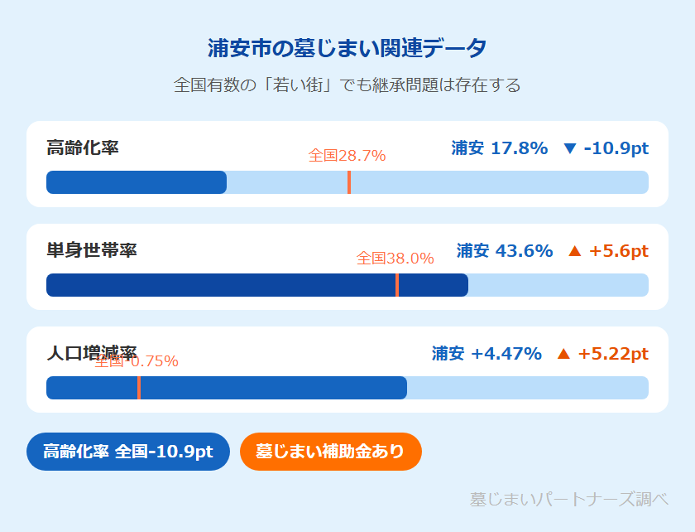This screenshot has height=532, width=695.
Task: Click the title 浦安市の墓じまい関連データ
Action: click(347, 48)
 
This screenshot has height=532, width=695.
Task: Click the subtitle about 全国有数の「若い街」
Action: click(347, 85)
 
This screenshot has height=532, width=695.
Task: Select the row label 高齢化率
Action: click(83, 148)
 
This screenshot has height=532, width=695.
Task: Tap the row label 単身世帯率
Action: click(92, 250)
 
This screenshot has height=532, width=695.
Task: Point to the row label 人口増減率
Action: click(92, 353)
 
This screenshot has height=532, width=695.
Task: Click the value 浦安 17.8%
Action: click(500, 148)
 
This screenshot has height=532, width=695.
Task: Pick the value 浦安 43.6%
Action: click(505, 250)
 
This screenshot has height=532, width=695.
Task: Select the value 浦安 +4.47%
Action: click(486, 354)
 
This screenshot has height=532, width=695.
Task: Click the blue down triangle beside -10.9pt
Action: click(569, 149)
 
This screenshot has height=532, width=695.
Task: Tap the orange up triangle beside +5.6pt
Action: click(575, 250)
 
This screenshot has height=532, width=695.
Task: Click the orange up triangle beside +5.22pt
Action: click(563, 354)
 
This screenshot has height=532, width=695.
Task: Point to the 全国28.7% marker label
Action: click(347, 156)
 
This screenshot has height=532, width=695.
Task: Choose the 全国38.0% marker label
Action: click(395, 259)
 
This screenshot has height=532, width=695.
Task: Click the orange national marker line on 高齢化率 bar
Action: click(349, 182)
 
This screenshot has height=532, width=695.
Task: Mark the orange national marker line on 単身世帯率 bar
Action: click(397, 285)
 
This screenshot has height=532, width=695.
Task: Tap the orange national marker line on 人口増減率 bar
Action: click(138, 388)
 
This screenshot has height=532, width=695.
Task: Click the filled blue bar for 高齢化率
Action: click(137, 182)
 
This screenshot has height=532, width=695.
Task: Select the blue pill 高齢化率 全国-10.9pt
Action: click(128, 452)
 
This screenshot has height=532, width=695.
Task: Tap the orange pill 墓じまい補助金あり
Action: click(330, 452)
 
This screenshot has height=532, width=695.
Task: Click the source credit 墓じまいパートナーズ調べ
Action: click(568, 500)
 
